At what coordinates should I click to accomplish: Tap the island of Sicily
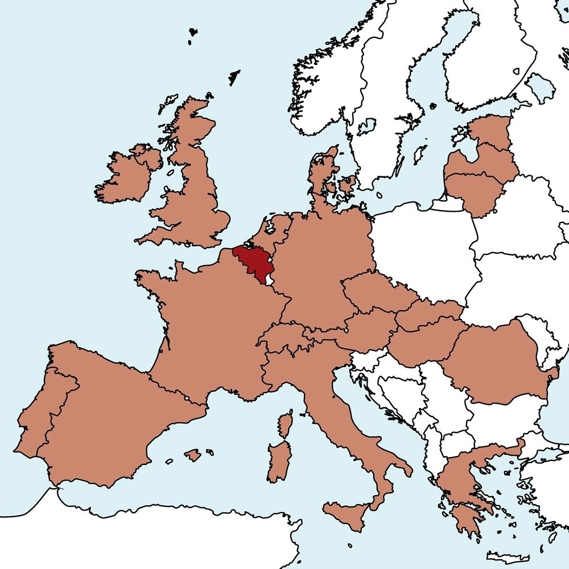point(347,515)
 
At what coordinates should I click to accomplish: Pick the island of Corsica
point(286,424)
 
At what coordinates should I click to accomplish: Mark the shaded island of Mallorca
point(193,455)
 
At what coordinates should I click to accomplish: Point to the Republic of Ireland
point(122,179)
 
